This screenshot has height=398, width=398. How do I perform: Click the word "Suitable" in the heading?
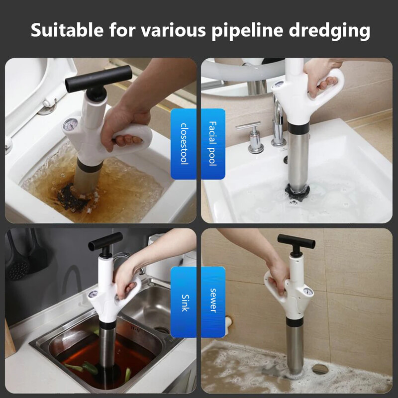(x=67, y=30)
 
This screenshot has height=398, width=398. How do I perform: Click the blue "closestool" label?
(x=184, y=144)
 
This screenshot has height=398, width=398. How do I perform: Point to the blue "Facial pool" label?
(x=213, y=144)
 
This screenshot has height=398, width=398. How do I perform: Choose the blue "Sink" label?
(x=184, y=302)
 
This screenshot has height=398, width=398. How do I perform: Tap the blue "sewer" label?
(x=213, y=302)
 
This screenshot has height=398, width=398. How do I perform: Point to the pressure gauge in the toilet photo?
(x=70, y=125)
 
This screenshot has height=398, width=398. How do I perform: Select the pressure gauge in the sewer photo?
(x=308, y=292)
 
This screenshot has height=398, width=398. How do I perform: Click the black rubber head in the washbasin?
(x=297, y=192)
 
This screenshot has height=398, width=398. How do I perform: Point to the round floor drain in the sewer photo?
(x=320, y=369)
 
